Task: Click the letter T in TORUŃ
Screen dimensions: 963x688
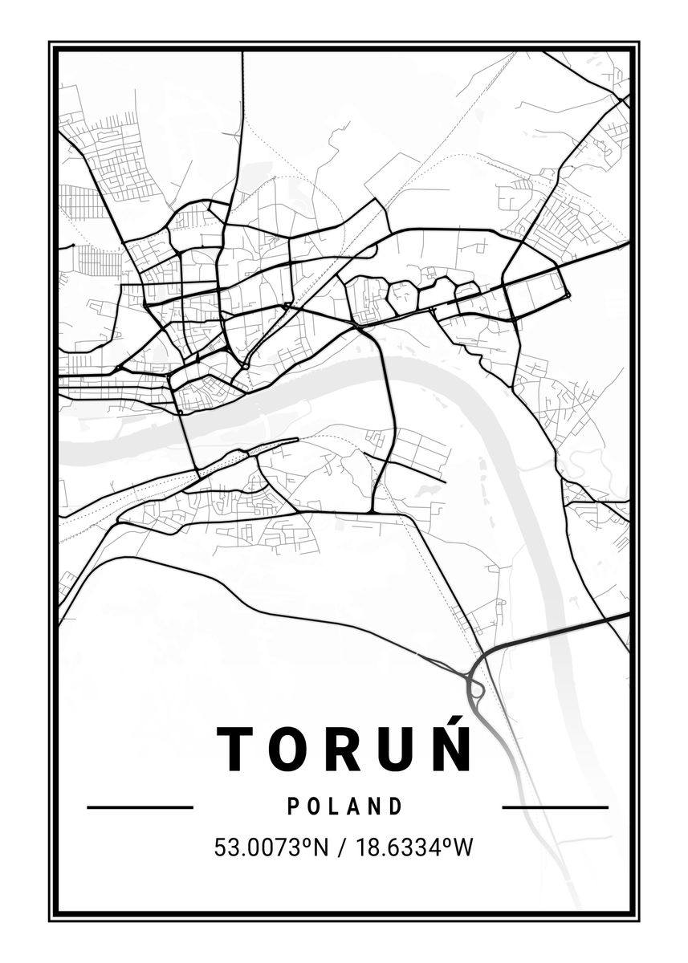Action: click(x=235, y=748)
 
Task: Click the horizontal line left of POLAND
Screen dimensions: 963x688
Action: click(x=140, y=807)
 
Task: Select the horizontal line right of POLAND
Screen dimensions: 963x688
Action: click(x=555, y=807)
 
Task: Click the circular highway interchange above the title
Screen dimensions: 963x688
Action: click(x=474, y=689)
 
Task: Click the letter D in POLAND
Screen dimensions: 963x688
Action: click(x=396, y=806)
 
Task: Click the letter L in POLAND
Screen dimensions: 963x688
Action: click(x=332, y=806)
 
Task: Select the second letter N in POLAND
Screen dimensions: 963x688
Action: click(x=374, y=806)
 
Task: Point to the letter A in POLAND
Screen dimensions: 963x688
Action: click(x=352, y=806)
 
